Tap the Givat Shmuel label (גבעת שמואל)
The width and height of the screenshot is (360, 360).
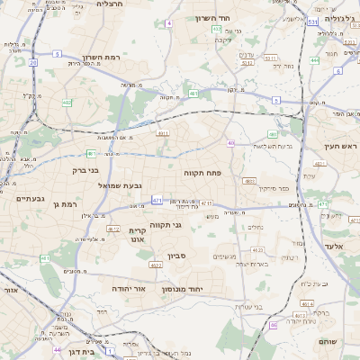point(140,185)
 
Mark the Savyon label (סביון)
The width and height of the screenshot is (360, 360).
point(176,256)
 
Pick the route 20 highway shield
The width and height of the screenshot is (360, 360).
point(33,62)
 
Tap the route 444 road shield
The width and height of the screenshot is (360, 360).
point(314,60)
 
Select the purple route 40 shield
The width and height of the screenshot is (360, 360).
point(231,143)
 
